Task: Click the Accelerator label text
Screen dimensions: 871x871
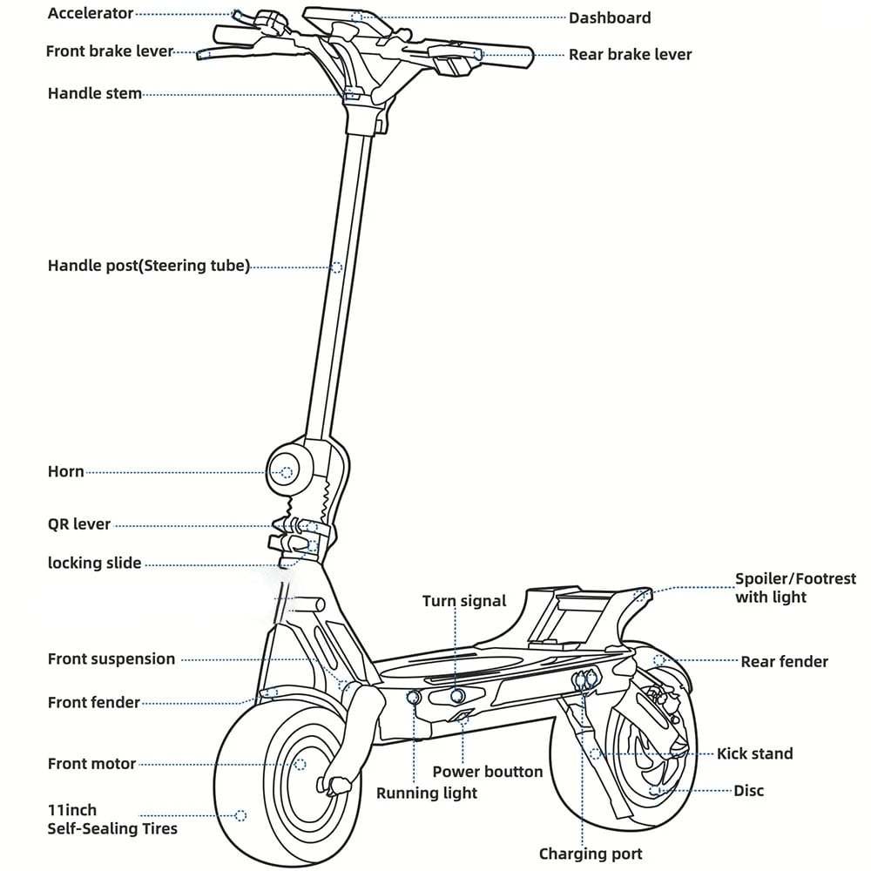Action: pos(91,14)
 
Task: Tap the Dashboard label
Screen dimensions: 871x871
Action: pos(610,17)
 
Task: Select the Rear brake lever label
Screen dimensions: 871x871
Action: pos(630,54)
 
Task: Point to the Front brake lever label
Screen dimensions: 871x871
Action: pos(110,51)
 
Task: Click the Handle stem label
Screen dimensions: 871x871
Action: pos(94,93)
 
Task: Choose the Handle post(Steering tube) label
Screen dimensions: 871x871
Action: pos(148,266)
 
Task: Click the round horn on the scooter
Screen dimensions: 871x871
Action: pos(287,472)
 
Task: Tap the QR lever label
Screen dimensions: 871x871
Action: pos(79,524)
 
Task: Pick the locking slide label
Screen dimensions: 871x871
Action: pos(94,563)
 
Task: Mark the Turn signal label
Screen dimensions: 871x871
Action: pos(464,601)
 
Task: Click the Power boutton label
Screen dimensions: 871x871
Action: pos(488,772)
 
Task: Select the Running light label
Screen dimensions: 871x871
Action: pos(427,793)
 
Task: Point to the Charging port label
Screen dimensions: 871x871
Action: pos(591,854)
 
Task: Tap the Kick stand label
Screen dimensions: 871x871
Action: pos(754,753)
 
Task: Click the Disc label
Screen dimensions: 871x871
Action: pos(748,790)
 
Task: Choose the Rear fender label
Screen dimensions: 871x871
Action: pos(784,662)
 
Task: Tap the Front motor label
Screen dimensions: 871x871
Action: pos(91,764)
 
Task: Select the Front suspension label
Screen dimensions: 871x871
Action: pos(111,659)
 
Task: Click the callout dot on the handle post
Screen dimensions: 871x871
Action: pos(337,267)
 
